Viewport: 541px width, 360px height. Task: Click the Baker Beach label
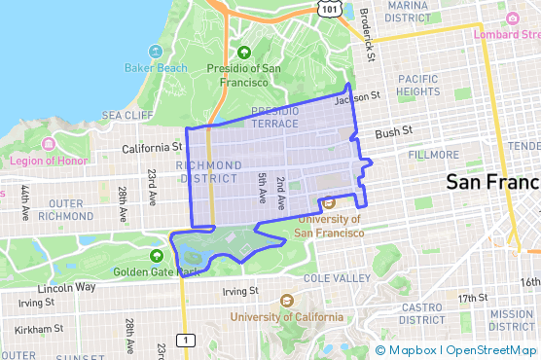156,67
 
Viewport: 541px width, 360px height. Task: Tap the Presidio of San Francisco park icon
244,53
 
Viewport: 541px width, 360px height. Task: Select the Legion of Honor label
49,160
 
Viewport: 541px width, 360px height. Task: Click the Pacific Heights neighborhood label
418,85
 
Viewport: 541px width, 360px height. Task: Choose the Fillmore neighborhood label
434,155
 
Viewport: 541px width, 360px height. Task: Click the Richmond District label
209,172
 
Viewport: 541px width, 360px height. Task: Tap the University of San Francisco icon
329,203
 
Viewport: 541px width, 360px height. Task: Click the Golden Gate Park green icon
157,256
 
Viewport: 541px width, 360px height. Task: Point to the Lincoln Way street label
66,288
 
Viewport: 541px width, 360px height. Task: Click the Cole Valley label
337,278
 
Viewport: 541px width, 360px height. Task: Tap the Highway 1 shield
185,340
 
